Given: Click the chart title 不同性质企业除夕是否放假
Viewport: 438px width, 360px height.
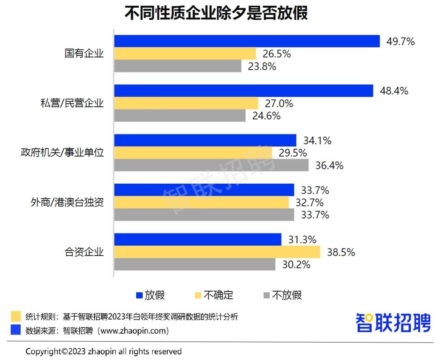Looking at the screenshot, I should (216, 13).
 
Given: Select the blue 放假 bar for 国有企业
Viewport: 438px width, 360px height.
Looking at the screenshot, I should (247, 41).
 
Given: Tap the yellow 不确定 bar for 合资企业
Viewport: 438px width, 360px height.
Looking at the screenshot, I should (217, 252).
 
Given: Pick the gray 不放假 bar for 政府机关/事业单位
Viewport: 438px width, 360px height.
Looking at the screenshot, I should (211, 165).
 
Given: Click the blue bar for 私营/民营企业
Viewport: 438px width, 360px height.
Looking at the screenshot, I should (243, 91).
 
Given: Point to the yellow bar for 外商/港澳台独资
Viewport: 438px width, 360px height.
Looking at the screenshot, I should (201, 202).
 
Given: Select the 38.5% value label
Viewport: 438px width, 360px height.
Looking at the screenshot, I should (341, 252).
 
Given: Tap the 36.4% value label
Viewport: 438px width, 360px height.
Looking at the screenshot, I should (329, 165).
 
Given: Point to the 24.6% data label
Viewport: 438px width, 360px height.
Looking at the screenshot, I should (266, 116).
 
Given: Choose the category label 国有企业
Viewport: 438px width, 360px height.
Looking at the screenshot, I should (84, 54).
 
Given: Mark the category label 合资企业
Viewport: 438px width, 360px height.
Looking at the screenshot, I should (84, 252).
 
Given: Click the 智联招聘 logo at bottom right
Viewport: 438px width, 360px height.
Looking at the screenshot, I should (393, 323).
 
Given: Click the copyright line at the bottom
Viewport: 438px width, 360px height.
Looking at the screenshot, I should (103, 351).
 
